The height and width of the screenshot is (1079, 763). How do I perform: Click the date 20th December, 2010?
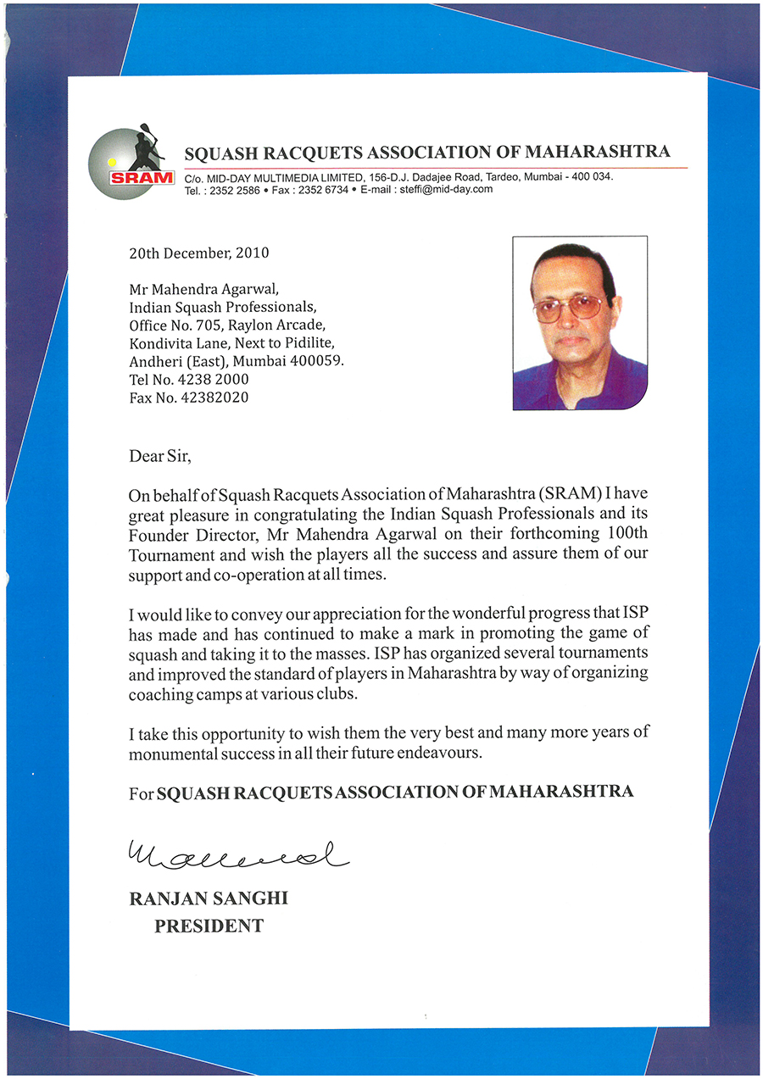point(199,253)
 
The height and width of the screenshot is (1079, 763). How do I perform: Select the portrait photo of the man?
point(580,323)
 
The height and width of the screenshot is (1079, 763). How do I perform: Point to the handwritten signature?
point(237,855)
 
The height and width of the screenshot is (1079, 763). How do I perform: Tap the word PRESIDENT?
point(209,926)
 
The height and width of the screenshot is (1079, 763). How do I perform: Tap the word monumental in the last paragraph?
point(171,753)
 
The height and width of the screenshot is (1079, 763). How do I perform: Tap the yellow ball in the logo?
point(111,159)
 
